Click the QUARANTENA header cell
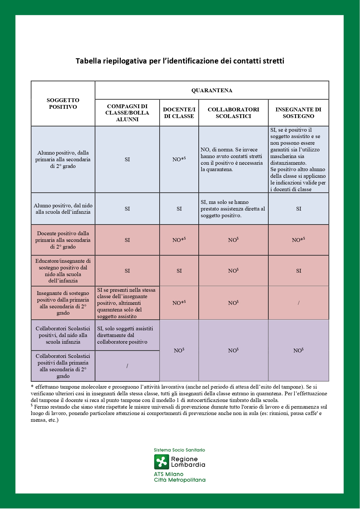point(212,90)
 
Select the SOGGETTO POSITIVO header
point(63,104)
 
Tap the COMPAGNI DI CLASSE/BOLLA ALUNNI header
point(127,113)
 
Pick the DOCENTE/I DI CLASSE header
point(179,113)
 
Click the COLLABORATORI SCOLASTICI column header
point(233,113)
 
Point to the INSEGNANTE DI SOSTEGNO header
point(298,113)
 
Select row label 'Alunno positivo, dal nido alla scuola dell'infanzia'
point(63,209)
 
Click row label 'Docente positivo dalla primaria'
point(63,240)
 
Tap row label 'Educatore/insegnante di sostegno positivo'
point(63,271)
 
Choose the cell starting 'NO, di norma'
point(232,160)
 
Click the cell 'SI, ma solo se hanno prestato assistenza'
point(233,209)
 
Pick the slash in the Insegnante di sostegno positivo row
point(299,303)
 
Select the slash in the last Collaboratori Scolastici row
point(127,366)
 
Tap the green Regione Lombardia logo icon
point(161,462)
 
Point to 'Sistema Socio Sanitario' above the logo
point(179,450)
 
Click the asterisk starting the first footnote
point(32,387)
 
